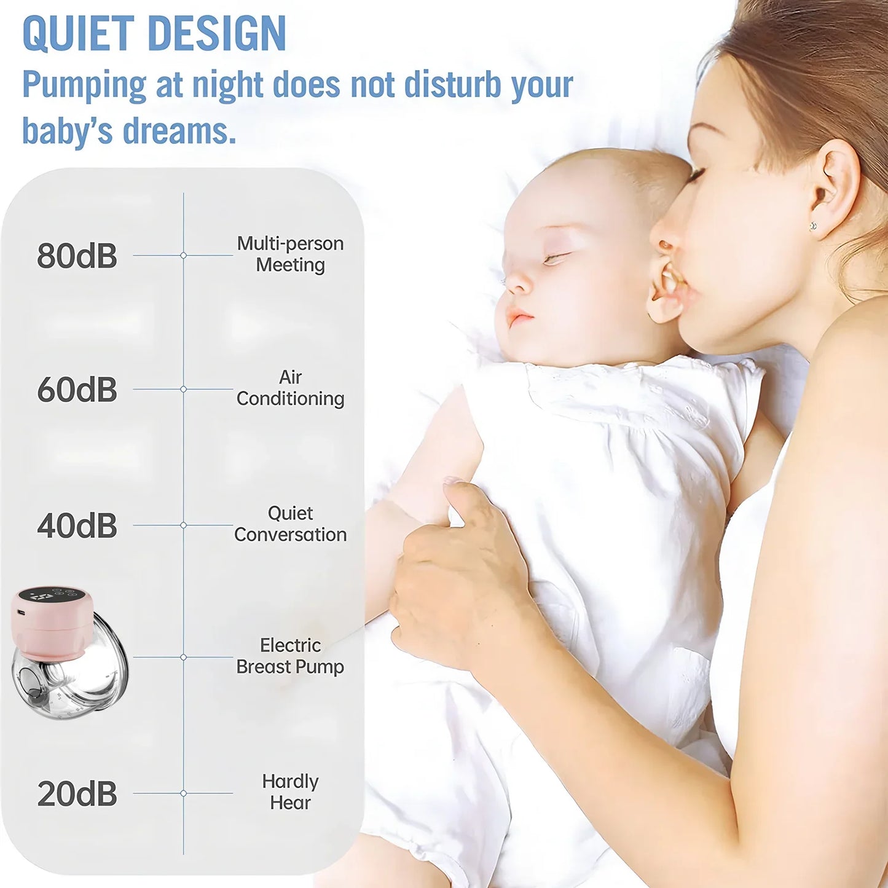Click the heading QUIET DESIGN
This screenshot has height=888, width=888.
(154, 33)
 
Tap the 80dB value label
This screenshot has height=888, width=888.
(77, 256)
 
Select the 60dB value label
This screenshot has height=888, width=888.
(77, 390)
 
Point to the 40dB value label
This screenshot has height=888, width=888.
(77, 526)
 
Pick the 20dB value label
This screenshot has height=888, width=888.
(77, 794)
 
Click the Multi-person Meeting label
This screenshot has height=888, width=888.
(290, 254)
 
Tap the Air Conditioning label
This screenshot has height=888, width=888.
(290, 388)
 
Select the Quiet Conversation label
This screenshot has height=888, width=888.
(290, 524)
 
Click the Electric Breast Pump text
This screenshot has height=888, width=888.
(290, 656)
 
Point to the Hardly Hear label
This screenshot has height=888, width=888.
(290, 792)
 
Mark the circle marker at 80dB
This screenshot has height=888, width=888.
(183, 255)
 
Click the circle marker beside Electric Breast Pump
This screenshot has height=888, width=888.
(183, 657)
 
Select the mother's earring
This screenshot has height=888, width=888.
(814, 226)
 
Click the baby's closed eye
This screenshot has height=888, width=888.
(553, 258)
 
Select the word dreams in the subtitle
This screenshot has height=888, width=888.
(179, 131)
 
